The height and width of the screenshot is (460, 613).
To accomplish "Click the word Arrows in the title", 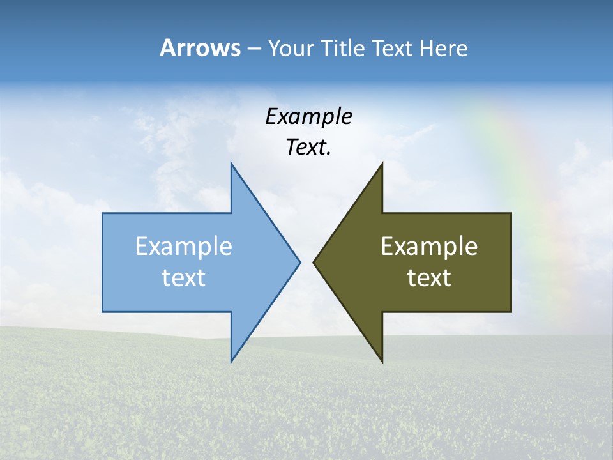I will (200, 48).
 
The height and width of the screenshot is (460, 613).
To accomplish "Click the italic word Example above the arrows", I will (308, 116).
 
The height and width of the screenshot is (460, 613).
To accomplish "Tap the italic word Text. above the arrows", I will (308, 147).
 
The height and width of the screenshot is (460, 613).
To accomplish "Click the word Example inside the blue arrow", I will (184, 247).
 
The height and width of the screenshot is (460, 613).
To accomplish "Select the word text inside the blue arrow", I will (184, 278).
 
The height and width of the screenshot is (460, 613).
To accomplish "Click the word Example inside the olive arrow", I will (429, 247).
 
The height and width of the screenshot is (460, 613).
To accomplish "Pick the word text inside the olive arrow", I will (429, 278).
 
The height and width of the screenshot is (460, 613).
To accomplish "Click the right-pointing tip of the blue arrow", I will (298, 262).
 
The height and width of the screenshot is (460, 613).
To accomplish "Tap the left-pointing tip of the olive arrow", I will (315, 262).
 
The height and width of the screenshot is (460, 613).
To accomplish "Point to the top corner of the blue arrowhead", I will (232, 165).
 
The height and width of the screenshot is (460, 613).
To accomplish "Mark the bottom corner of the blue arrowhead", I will (232, 360).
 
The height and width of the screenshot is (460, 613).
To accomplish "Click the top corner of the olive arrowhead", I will (382, 165).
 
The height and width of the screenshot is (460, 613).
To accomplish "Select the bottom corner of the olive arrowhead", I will (382, 360).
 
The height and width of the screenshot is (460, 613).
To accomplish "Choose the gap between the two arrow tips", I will (306, 262).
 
